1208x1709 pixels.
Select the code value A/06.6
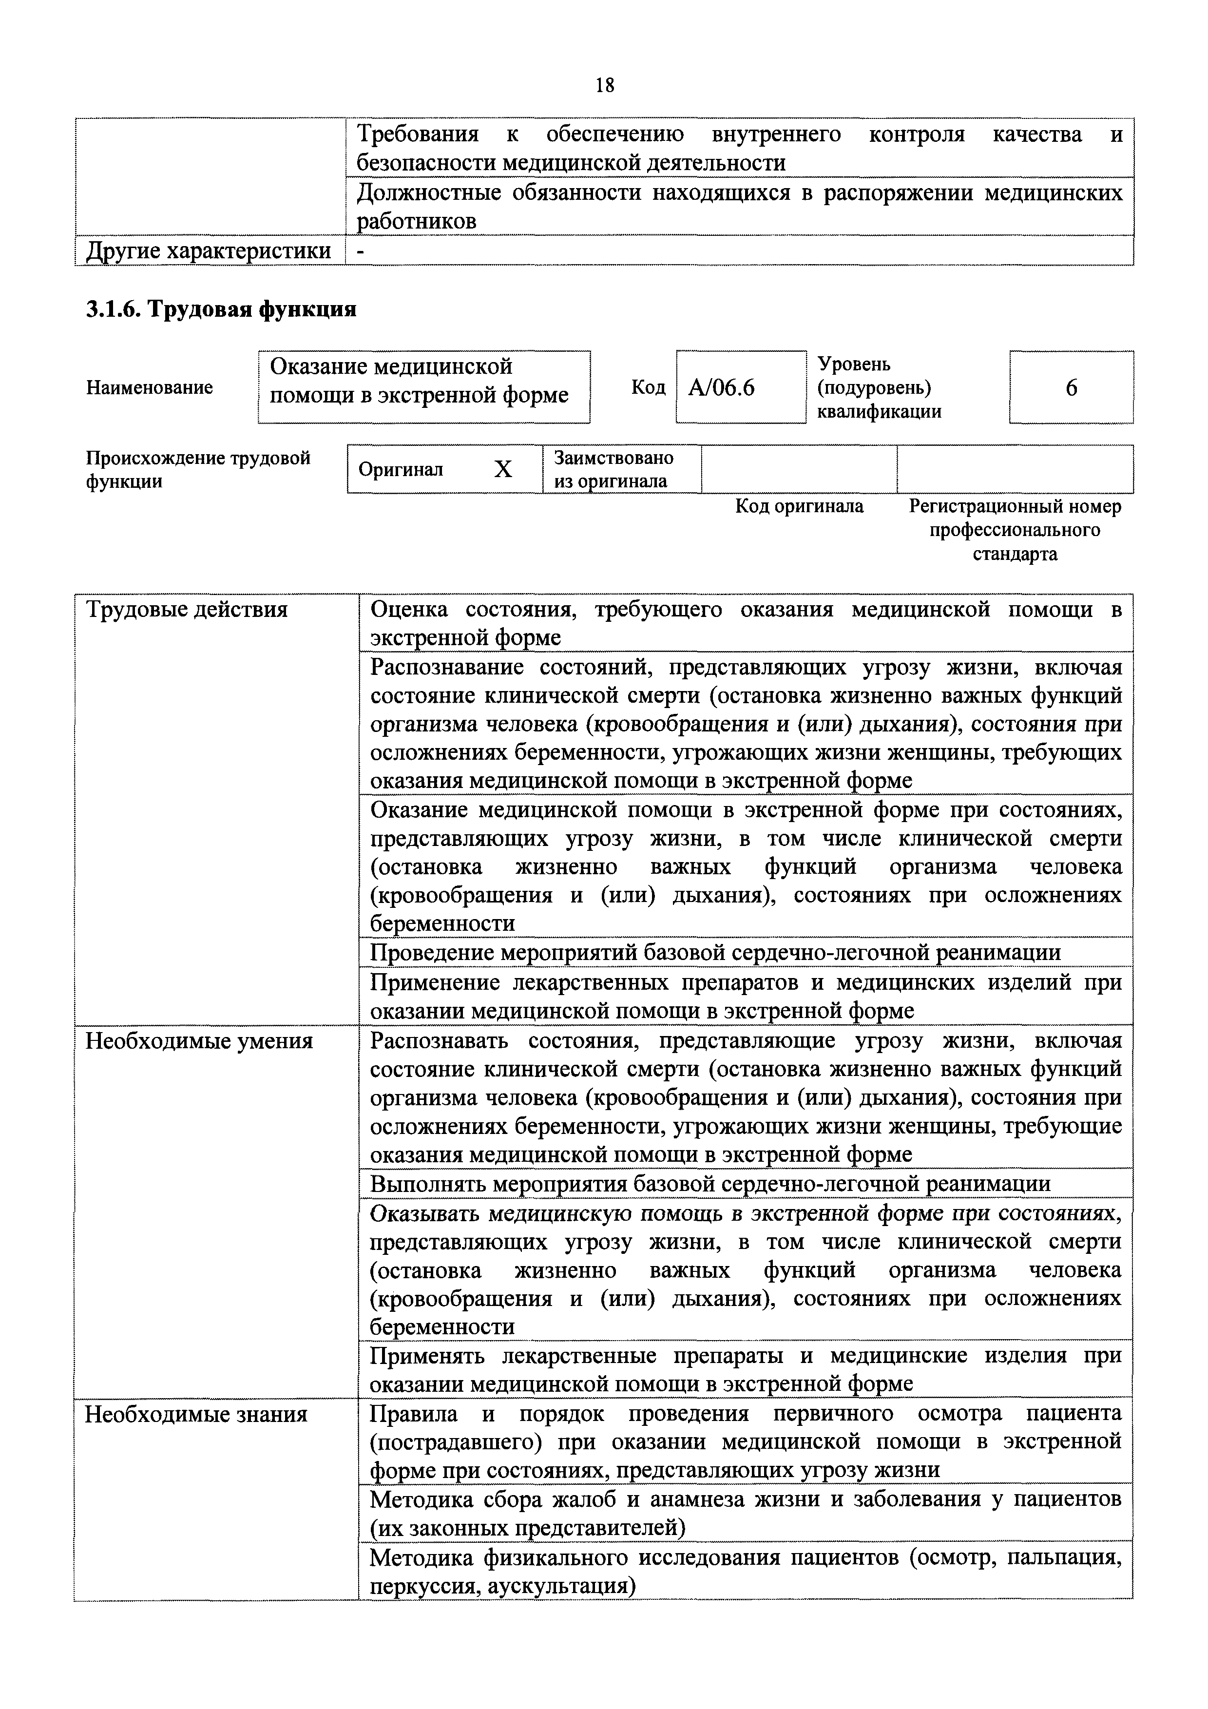[721, 388]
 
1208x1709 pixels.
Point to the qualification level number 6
[1071, 388]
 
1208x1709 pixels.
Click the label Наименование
[150, 388]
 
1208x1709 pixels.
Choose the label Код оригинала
[799, 507]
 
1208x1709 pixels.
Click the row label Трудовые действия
[187, 610]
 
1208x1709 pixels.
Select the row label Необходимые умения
[199, 1040]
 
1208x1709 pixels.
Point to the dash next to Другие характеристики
[361, 251]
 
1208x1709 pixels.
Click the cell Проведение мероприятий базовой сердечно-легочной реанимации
[715, 953]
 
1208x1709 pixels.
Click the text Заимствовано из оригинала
[614, 469]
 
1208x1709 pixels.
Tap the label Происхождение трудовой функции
[198, 469]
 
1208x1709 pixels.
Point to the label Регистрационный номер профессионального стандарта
[1015, 530]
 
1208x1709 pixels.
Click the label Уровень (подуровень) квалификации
[879, 388]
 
